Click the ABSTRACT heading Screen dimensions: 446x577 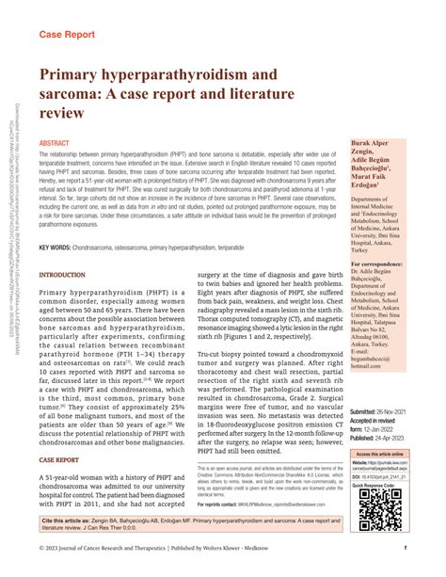tap(54, 144)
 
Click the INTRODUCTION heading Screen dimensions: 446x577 tap(62, 276)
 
